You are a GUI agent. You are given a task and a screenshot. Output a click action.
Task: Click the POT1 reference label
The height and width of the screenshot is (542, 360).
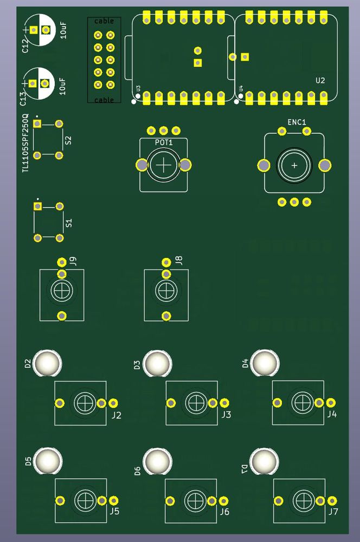point(164,142)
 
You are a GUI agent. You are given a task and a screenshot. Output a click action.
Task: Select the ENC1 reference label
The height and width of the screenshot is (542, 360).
point(297,122)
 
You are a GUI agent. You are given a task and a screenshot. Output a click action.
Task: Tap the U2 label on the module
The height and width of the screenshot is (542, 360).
point(320,80)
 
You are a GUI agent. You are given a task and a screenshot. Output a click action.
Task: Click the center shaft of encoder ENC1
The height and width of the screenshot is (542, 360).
point(294,165)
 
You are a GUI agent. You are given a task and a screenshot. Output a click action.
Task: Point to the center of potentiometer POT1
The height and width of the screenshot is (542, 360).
point(164,164)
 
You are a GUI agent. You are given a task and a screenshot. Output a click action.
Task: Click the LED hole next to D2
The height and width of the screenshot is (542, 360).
point(48,363)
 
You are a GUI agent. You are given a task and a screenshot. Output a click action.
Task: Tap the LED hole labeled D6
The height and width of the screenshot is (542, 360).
point(157,461)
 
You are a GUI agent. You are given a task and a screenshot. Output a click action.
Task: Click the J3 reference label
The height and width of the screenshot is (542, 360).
point(226,415)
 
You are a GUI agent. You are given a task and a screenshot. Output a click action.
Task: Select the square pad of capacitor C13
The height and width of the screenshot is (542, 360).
point(33,83)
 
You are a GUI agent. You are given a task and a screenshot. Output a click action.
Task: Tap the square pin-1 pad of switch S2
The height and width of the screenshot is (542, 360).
point(37,124)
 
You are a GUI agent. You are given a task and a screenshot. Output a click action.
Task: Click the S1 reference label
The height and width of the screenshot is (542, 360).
point(68,223)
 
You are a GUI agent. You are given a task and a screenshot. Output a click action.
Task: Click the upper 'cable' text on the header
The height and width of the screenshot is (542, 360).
point(104,21)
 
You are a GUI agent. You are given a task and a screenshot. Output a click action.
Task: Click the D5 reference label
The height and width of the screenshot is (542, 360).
point(28,462)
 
